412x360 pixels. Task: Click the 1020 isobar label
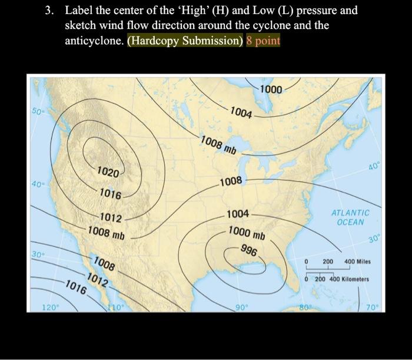click(x=108, y=172)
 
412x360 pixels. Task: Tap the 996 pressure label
click(x=250, y=251)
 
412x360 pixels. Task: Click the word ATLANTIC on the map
click(x=351, y=213)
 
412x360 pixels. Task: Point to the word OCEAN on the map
click(x=351, y=222)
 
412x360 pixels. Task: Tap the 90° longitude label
click(x=242, y=307)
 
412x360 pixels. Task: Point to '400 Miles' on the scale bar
click(x=357, y=261)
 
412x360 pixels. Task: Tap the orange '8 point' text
click(x=264, y=41)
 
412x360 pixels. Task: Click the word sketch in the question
click(x=79, y=26)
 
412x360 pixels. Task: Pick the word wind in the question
click(x=110, y=26)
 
